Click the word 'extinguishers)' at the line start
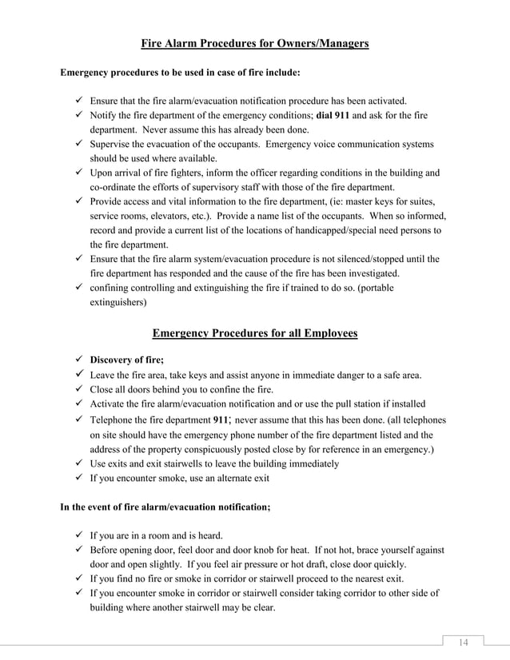point(118,303)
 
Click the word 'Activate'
point(108,404)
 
